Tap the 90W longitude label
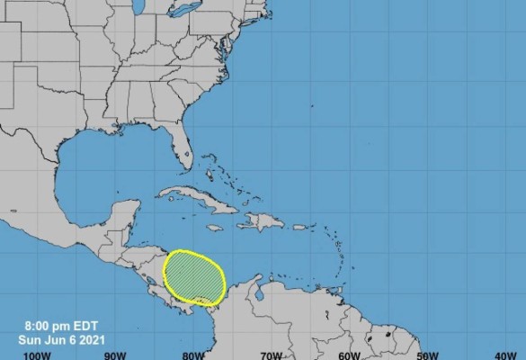pos(114,355)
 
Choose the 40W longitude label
pos(504,355)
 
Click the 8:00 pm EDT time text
pos(49,327)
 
